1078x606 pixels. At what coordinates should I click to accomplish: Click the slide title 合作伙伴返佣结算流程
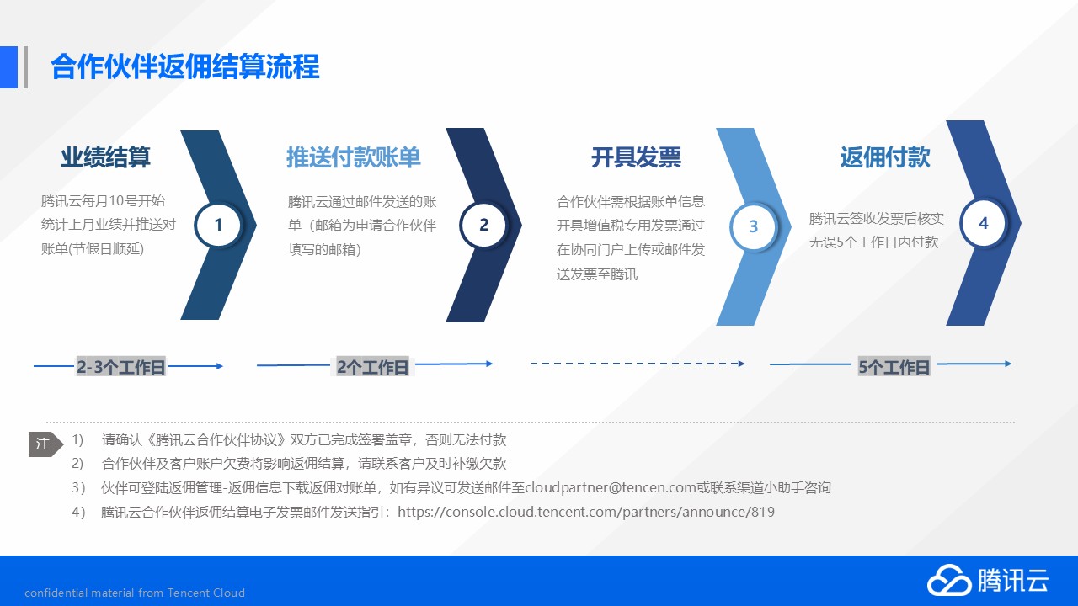click(185, 66)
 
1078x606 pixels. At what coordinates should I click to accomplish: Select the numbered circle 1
click(218, 225)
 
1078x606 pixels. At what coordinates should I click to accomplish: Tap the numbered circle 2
click(483, 225)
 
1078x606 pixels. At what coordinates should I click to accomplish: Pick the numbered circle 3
click(754, 226)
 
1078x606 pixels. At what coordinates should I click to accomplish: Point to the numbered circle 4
click(983, 223)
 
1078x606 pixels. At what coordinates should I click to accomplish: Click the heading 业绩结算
click(105, 157)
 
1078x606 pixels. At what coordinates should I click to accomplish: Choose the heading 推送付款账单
click(354, 157)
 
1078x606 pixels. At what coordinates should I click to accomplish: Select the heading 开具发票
click(636, 157)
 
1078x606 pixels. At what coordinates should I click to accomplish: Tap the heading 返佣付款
click(885, 157)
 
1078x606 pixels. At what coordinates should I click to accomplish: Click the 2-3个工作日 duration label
click(120, 366)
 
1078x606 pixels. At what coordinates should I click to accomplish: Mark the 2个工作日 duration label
click(372, 366)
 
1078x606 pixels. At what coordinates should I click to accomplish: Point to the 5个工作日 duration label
click(894, 366)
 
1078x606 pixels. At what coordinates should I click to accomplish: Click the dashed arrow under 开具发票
click(638, 364)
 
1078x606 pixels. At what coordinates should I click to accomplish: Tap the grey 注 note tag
click(45, 444)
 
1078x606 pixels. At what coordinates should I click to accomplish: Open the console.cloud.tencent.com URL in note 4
click(586, 512)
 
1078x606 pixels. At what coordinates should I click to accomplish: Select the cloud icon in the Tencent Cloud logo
click(949, 580)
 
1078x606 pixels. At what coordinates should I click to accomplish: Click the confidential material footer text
click(135, 593)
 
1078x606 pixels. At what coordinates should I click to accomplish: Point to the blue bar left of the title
click(8, 66)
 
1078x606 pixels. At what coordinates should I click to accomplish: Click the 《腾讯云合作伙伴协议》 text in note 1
click(217, 439)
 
